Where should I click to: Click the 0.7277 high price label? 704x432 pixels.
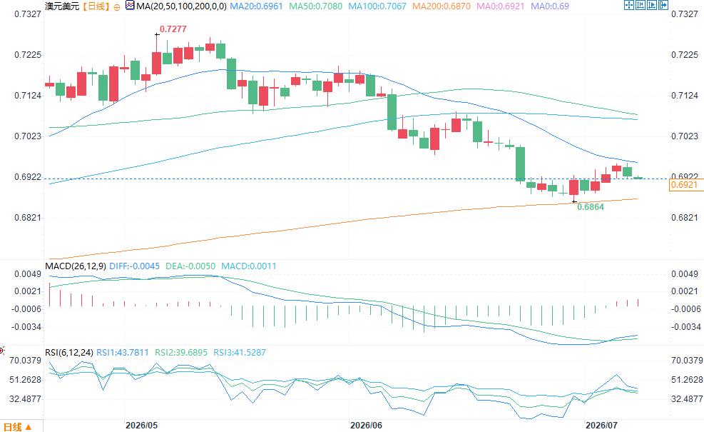(x=173, y=29)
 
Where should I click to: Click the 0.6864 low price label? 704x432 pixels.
(x=591, y=207)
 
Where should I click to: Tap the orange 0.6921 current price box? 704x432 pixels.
(x=686, y=185)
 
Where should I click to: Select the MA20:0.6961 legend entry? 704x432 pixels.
(x=256, y=6)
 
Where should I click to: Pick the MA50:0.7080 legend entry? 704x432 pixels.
(x=316, y=6)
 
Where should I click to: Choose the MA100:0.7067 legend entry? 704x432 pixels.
(x=377, y=6)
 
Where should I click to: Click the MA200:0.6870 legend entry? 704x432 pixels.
(x=442, y=6)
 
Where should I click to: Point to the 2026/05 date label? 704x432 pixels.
(x=141, y=426)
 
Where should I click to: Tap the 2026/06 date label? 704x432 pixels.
(x=366, y=426)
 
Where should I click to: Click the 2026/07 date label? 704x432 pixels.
(x=601, y=426)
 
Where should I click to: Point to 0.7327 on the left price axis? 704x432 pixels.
(x=28, y=14)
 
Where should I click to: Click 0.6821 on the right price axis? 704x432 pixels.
(x=685, y=218)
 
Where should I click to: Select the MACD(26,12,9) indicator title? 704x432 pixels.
(x=76, y=266)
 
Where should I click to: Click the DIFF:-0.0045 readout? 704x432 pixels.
(x=135, y=266)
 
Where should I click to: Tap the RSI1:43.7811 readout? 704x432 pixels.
(x=123, y=353)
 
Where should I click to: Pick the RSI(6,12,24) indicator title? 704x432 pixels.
(x=69, y=353)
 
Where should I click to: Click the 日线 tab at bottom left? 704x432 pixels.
(x=18, y=426)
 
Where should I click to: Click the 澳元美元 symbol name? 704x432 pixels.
(x=62, y=6)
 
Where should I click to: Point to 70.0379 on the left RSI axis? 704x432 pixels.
(x=25, y=361)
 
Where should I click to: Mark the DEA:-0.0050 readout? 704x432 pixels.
(x=190, y=266)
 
